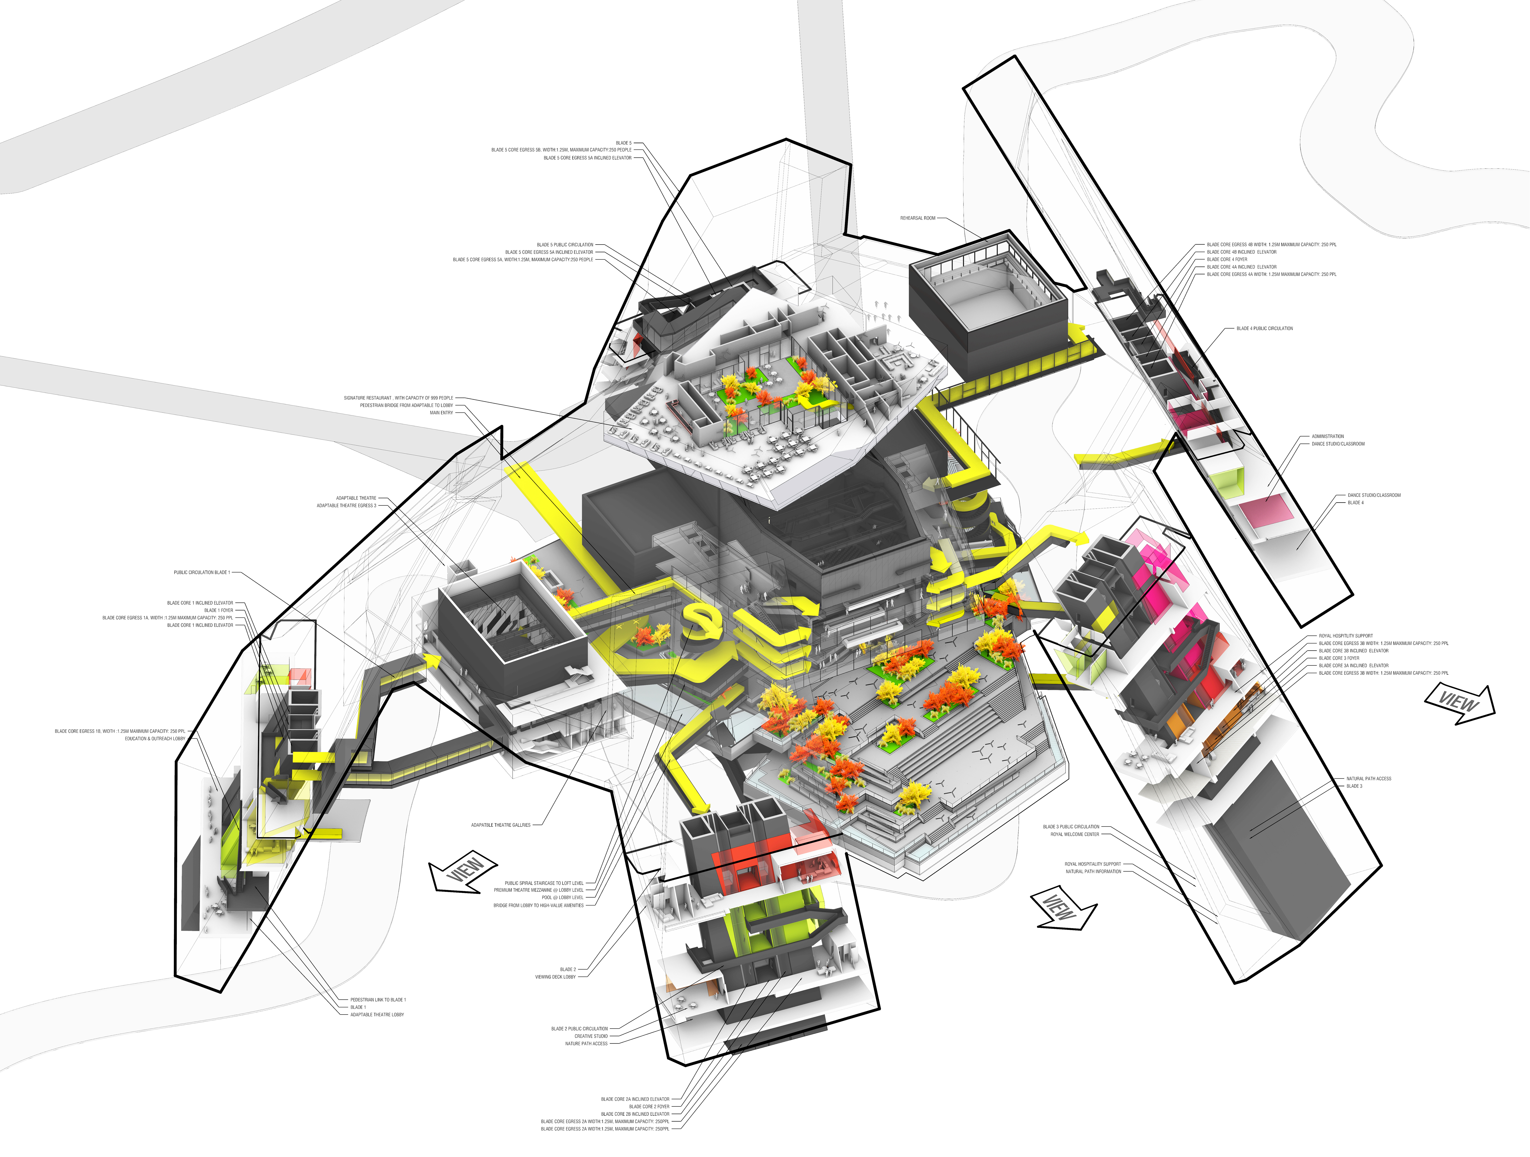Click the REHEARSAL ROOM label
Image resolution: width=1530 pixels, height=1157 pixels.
click(x=917, y=218)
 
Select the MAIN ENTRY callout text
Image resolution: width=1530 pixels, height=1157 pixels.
click(x=441, y=413)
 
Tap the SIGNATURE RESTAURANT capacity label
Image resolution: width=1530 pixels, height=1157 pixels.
click(x=398, y=398)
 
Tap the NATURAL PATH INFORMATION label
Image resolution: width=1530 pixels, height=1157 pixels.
click(x=1093, y=871)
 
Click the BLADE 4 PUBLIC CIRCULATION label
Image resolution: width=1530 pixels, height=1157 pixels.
click(x=1264, y=328)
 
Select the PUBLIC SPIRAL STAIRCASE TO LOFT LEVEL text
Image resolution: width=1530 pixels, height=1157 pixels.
click(x=544, y=883)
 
